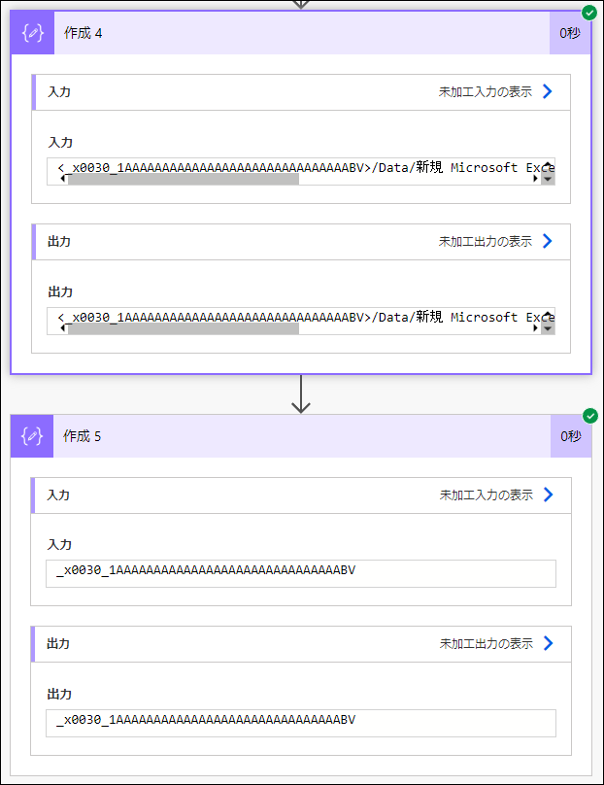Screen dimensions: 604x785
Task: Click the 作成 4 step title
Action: coord(84,33)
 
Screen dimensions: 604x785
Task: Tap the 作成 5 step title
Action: coord(83,436)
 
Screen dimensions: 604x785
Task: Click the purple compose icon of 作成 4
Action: coord(32,33)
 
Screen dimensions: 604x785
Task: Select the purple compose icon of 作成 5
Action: coord(32,436)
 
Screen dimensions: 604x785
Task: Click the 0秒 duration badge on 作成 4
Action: coord(570,33)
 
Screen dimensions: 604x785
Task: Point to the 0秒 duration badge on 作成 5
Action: coord(571,436)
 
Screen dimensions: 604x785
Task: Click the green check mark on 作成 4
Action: coord(589,13)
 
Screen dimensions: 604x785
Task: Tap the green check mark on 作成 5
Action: coord(590,416)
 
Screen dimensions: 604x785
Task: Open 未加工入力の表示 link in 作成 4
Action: coord(486,91)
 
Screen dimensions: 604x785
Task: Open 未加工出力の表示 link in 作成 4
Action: coord(486,241)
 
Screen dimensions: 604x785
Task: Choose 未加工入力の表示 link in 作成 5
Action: coord(487,495)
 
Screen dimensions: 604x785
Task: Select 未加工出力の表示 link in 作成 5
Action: coord(487,643)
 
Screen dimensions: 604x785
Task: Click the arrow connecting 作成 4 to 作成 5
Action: coord(301,394)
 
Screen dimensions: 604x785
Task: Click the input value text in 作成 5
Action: coord(206,570)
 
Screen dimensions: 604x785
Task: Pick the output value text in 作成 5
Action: coord(206,720)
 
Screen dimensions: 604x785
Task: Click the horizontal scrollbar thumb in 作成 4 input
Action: coord(184,179)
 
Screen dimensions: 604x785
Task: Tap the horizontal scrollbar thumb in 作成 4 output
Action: coord(184,328)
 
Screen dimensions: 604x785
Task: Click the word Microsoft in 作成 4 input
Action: coord(484,167)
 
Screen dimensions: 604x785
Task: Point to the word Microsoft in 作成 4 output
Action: coord(484,317)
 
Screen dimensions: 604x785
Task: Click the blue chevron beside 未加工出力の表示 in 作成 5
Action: coord(549,643)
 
